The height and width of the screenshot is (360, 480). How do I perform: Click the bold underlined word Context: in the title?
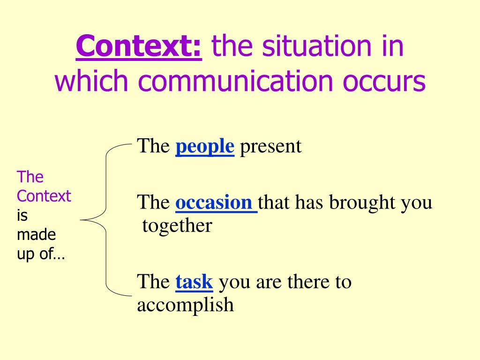139,46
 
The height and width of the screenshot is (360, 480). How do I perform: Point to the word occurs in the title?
384,82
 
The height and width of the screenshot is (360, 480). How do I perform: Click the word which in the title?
91,80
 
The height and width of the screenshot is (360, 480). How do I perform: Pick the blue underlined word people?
205,147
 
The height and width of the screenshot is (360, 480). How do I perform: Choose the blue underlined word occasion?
214,202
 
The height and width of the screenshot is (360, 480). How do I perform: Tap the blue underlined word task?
194,282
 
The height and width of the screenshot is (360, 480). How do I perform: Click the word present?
270,147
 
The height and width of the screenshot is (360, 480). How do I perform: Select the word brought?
362,202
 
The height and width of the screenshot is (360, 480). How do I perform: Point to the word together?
177,226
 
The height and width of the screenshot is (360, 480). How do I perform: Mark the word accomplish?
185,305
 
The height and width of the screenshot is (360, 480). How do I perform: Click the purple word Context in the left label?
44,196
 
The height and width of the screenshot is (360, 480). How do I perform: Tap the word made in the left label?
36,234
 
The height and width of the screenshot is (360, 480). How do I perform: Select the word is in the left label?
22,215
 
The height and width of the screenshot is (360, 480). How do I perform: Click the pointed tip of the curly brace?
81,220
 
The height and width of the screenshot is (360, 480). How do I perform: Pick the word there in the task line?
308,282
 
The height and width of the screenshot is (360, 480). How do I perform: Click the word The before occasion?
153,202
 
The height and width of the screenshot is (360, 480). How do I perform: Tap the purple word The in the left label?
30,177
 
